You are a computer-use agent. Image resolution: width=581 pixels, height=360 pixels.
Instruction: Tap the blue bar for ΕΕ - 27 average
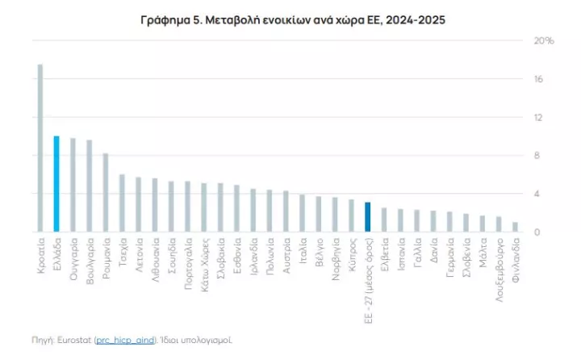pyautogui.click(x=368, y=217)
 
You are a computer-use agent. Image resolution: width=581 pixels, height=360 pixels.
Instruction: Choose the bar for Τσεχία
pyautogui.click(x=122, y=203)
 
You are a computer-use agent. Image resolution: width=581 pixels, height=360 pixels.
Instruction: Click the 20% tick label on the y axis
pyautogui.click(x=546, y=40)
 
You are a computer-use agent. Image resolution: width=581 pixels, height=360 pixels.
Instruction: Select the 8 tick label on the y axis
pyautogui.click(x=538, y=156)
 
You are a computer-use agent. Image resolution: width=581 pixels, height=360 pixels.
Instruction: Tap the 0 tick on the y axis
pyautogui.click(x=538, y=232)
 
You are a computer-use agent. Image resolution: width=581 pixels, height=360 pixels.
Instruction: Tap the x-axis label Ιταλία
pyautogui.click(x=303, y=251)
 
